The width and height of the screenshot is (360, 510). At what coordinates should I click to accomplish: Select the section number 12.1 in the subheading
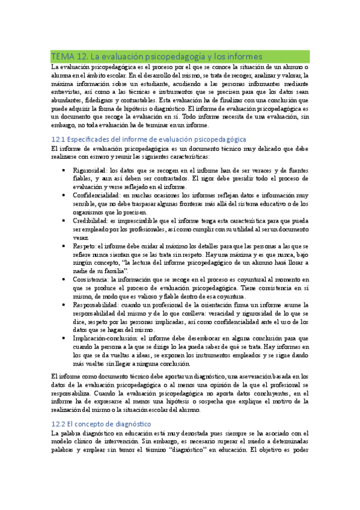[59, 139]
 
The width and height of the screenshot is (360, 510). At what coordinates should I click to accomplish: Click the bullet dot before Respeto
[65, 246]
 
